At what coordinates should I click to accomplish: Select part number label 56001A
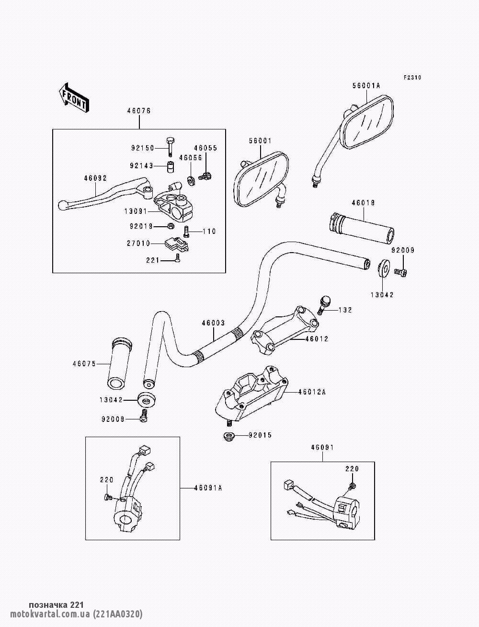tap(365, 86)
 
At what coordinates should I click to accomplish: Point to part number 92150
tap(141, 148)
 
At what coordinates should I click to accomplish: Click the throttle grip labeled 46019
tap(362, 228)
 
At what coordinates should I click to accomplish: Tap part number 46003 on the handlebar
tap(213, 323)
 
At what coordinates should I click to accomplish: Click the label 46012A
tap(311, 392)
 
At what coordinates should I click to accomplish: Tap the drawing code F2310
tap(412, 77)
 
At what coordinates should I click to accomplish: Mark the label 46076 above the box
tap(139, 111)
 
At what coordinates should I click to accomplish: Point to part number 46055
tap(205, 148)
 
